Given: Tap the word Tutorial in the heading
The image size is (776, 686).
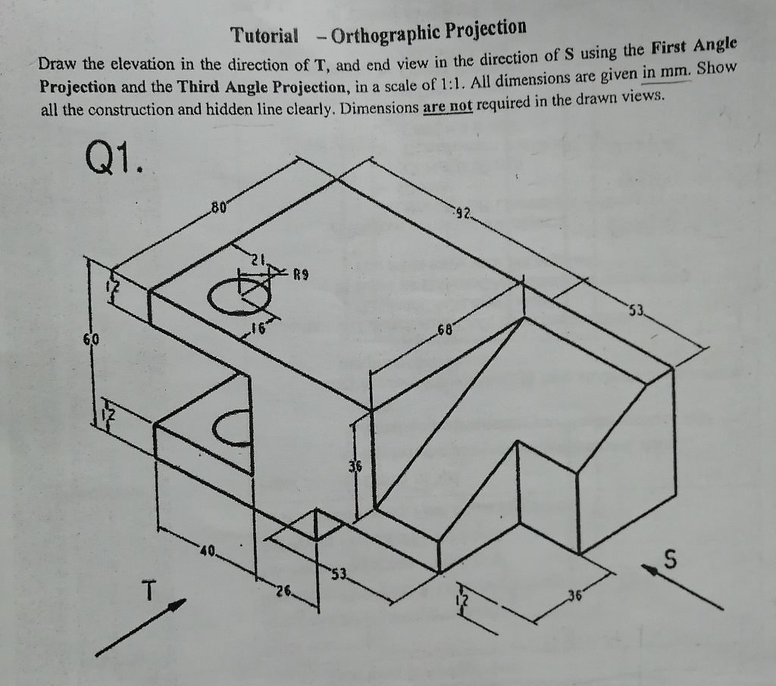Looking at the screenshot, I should tap(264, 35).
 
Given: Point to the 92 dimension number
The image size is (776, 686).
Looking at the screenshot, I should tap(463, 214).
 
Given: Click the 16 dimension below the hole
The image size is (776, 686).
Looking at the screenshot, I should tap(258, 329).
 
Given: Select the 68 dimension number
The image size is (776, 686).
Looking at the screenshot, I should tap(446, 331).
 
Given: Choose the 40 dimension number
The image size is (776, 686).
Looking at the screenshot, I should tap(208, 549).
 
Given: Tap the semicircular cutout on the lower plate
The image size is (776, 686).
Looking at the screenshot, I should tap(233, 429).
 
